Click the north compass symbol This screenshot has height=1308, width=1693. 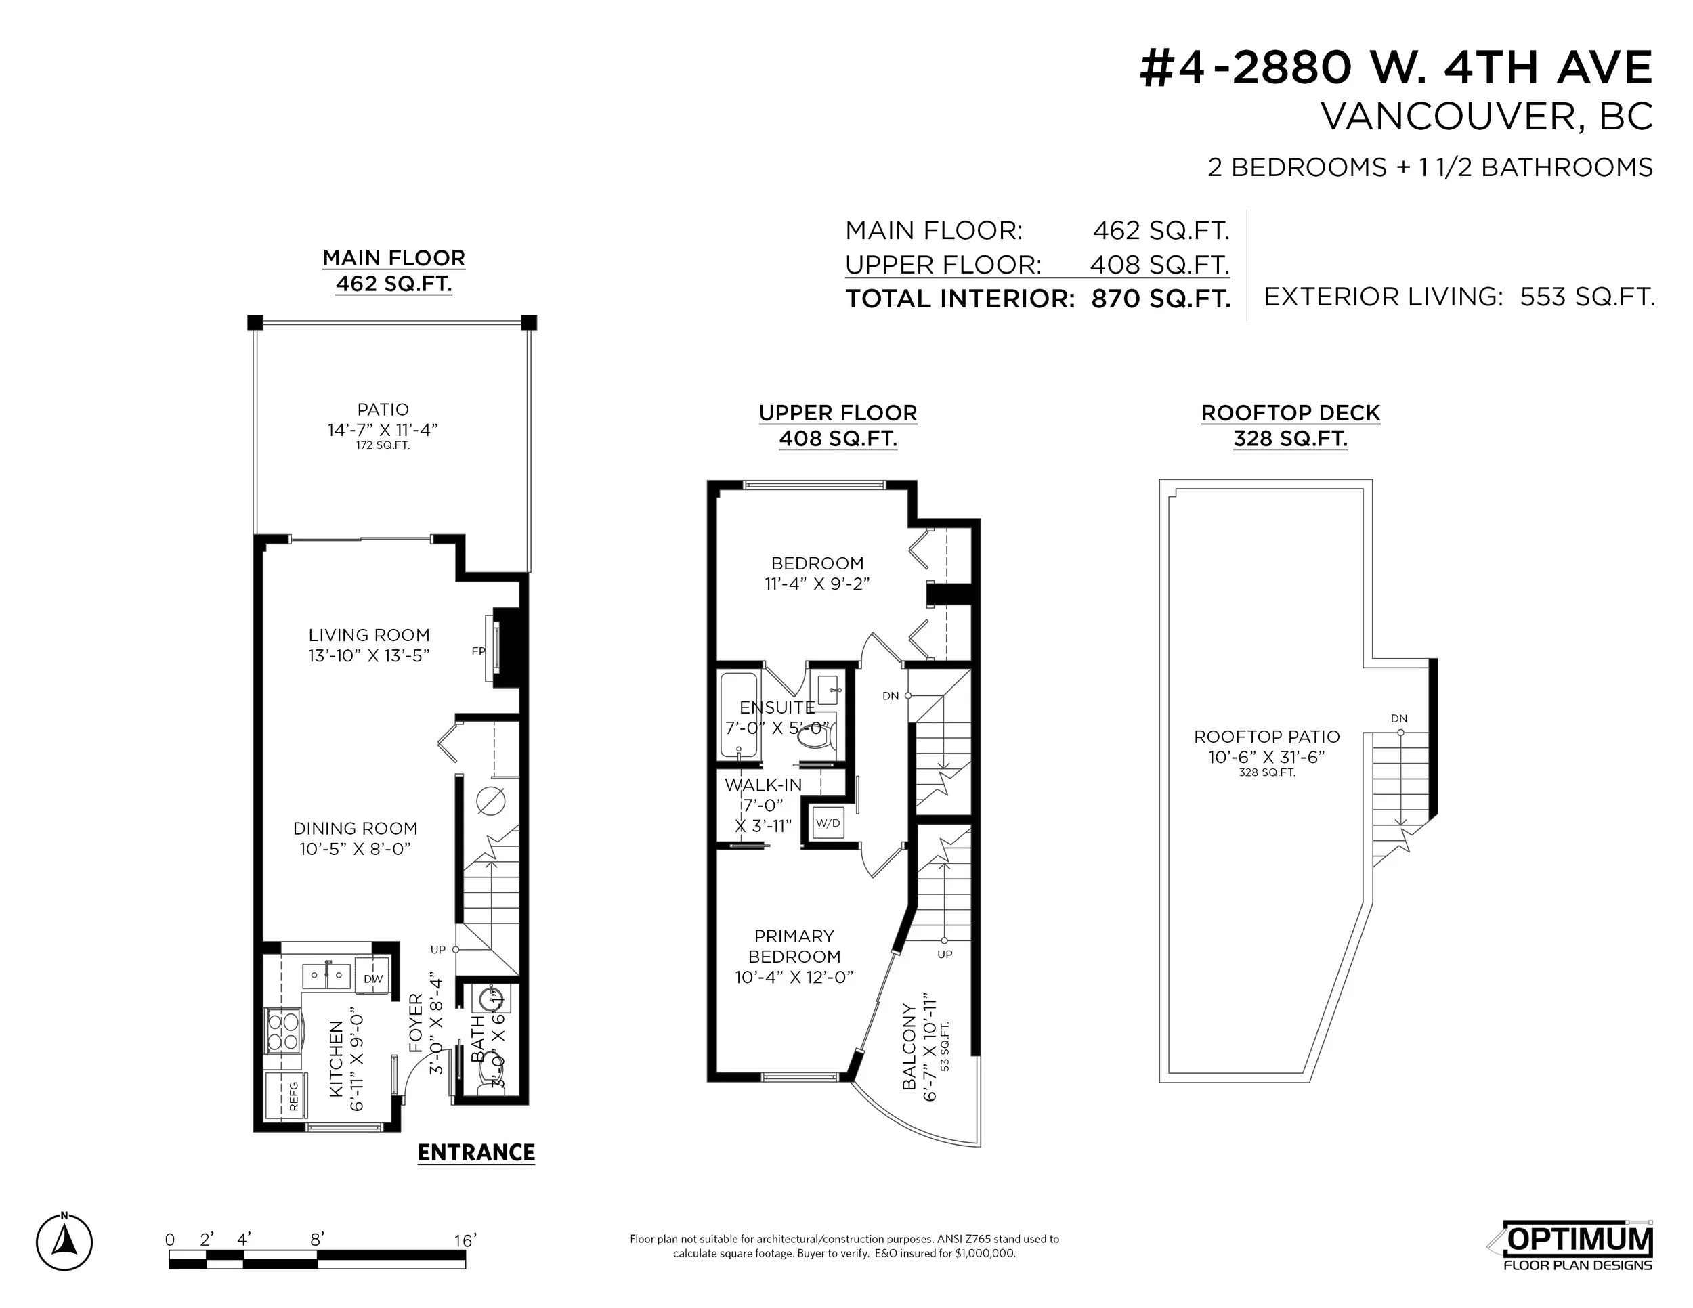pos(64,1243)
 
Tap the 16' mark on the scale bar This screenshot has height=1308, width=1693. pos(465,1240)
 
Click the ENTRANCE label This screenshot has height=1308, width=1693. pos(476,1152)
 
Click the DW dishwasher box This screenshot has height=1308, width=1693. pos(374,979)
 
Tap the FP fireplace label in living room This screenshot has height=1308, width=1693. pos(478,651)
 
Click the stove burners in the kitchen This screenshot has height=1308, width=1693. pos(282,1030)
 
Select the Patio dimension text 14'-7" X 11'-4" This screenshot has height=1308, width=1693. pos(383,429)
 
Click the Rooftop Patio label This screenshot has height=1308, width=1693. pos(1266,736)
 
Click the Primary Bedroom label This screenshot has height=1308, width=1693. pos(794,945)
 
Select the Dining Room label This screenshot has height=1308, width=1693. pos(355,829)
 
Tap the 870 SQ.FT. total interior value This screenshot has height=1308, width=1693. pos(1161,299)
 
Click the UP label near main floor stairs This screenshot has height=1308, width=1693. pos(438,949)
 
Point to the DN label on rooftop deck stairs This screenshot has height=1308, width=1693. pos(1398,718)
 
